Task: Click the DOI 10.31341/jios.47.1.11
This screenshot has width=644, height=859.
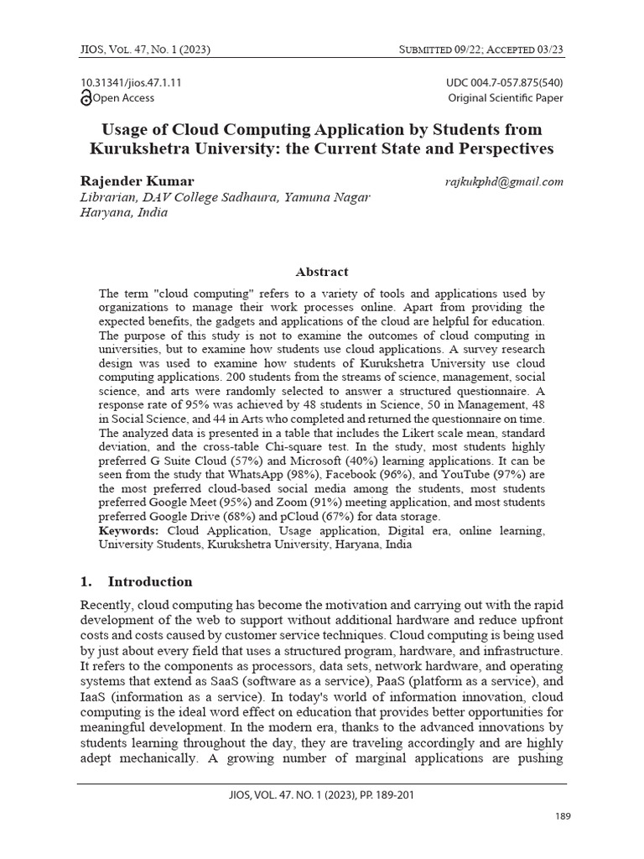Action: [132, 83]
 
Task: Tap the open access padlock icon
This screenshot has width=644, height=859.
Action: [86, 98]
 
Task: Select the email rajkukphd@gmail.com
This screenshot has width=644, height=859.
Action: [504, 181]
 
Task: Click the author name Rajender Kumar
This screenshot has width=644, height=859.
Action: [137, 181]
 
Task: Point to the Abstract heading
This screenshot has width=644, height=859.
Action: [321, 272]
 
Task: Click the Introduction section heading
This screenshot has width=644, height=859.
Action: [149, 581]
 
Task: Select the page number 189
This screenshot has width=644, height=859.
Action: [563, 816]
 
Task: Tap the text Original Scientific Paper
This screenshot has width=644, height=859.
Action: [506, 98]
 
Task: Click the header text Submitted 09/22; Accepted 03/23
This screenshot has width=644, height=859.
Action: [480, 49]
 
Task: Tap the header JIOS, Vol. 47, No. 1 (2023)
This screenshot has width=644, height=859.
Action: [145, 49]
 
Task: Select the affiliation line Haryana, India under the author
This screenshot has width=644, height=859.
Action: [123, 212]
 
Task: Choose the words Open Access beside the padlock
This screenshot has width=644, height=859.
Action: [124, 98]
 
